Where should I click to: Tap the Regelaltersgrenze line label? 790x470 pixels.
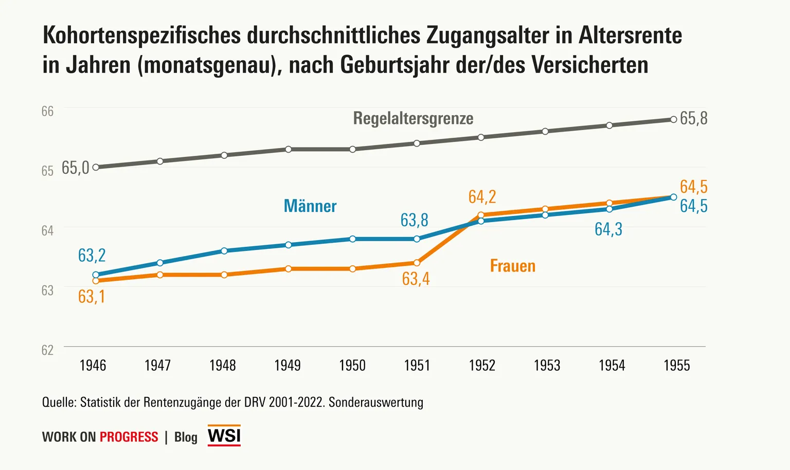(x=413, y=118)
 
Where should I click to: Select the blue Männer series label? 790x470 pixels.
(x=310, y=206)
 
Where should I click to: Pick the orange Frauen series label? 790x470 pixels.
(x=512, y=266)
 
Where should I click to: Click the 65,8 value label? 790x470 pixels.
(x=693, y=118)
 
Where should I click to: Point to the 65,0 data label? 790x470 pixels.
(x=75, y=168)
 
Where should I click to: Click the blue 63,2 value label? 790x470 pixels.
(x=92, y=255)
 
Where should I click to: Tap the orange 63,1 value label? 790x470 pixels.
(x=92, y=297)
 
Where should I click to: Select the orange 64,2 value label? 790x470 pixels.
(x=482, y=196)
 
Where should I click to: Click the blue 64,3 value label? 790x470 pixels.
(x=608, y=229)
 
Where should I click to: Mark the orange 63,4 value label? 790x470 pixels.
(x=416, y=279)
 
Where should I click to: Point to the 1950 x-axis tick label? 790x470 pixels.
(x=352, y=366)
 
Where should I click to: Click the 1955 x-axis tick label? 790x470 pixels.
(x=676, y=366)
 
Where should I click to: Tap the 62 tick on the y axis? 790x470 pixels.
(x=47, y=350)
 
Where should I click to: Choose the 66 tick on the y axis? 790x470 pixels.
(x=47, y=112)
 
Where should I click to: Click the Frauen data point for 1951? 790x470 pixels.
(x=417, y=263)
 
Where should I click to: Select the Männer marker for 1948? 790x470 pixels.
(x=224, y=251)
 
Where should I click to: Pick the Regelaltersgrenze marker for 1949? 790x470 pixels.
(x=289, y=149)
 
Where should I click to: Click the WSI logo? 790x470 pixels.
(x=224, y=436)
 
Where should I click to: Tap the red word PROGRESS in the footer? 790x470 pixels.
(x=129, y=437)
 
